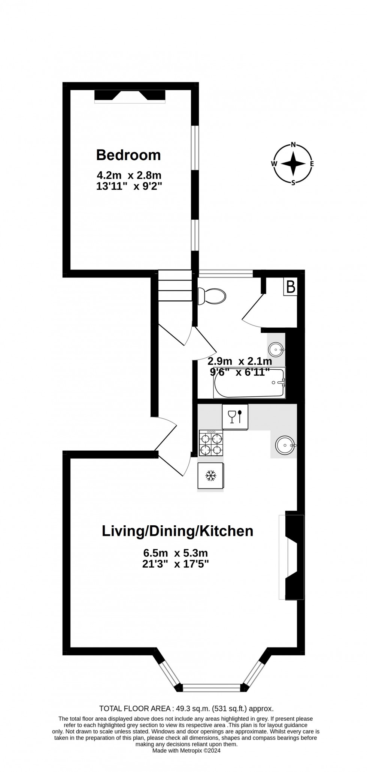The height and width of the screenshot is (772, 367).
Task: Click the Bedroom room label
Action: tap(128, 155)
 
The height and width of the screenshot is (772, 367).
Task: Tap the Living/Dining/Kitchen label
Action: tap(178, 531)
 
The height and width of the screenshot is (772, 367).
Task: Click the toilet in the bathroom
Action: tap(212, 296)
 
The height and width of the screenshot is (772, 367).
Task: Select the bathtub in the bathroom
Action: tap(249, 383)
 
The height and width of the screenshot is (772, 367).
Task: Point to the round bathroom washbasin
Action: tap(276, 350)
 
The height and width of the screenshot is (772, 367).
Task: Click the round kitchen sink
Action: tap(286, 445)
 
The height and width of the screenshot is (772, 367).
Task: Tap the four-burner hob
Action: tap(211, 443)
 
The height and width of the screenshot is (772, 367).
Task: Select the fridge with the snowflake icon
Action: tap(211, 476)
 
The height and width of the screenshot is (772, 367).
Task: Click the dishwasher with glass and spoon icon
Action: tap(235, 417)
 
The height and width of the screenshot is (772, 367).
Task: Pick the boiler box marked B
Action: tap(291, 287)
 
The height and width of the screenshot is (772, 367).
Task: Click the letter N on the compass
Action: tap(294, 145)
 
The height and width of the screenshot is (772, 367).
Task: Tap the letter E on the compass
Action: tap(312, 163)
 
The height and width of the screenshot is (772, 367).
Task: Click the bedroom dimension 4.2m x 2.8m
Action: tap(129, 175)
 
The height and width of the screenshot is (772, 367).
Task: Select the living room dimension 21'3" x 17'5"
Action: tap(176, 564)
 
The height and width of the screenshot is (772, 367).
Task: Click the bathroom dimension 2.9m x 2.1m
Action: tap(240, 361)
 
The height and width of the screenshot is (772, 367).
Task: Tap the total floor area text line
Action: tap(186, 709)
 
